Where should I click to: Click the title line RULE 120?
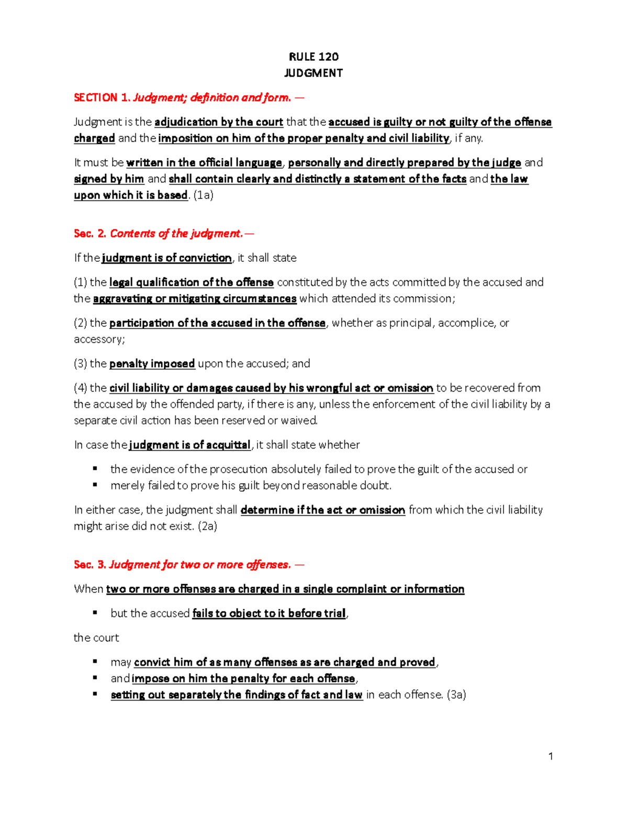pos(313,57)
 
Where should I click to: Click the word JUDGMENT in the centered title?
pos(313,73)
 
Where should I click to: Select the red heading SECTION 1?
pos(102,97)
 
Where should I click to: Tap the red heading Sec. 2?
pos(90,233)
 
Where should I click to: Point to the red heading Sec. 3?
pos(90,564)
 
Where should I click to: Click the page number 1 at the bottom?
pos(551,756)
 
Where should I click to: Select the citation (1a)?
pos(204,195)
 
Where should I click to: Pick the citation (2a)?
pos(207,526)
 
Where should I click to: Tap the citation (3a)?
pos(456,695)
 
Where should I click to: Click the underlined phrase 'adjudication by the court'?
pos(219,122)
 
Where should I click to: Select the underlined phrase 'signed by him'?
pos(109,179)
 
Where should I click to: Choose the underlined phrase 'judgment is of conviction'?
pos(167,258)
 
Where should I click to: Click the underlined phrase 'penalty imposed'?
pos(152,363)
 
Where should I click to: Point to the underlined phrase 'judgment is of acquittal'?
pos(190,445)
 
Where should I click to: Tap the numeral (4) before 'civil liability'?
pos(81,388)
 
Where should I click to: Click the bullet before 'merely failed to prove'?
pos(95,485)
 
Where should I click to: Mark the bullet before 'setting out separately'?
pos(95,694)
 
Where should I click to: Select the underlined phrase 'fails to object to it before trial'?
pos(269,614)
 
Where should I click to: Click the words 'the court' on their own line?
pos(96,638)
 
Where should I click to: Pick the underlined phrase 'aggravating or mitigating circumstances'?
pos(195,298)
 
